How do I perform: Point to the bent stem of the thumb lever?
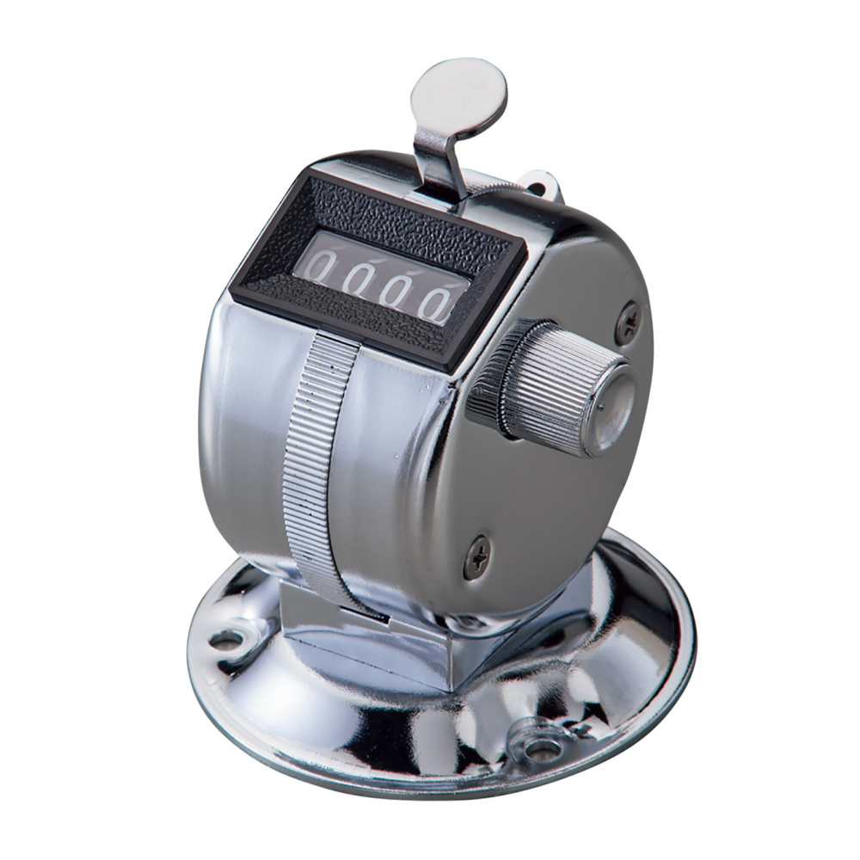click(x=439, y=159)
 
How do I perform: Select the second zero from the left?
click(x=357, y=278)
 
